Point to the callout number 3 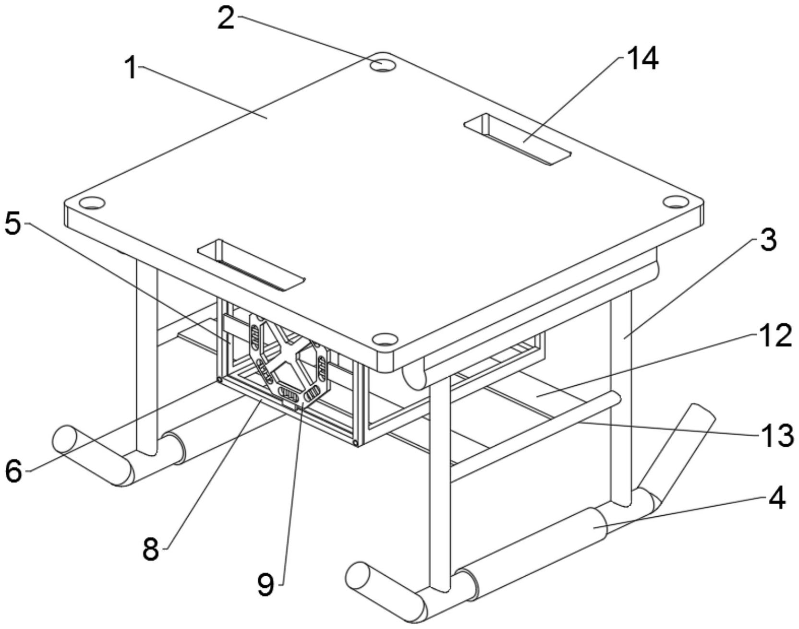point(768,239)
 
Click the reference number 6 point(14,471)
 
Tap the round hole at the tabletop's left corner point(91,203)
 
